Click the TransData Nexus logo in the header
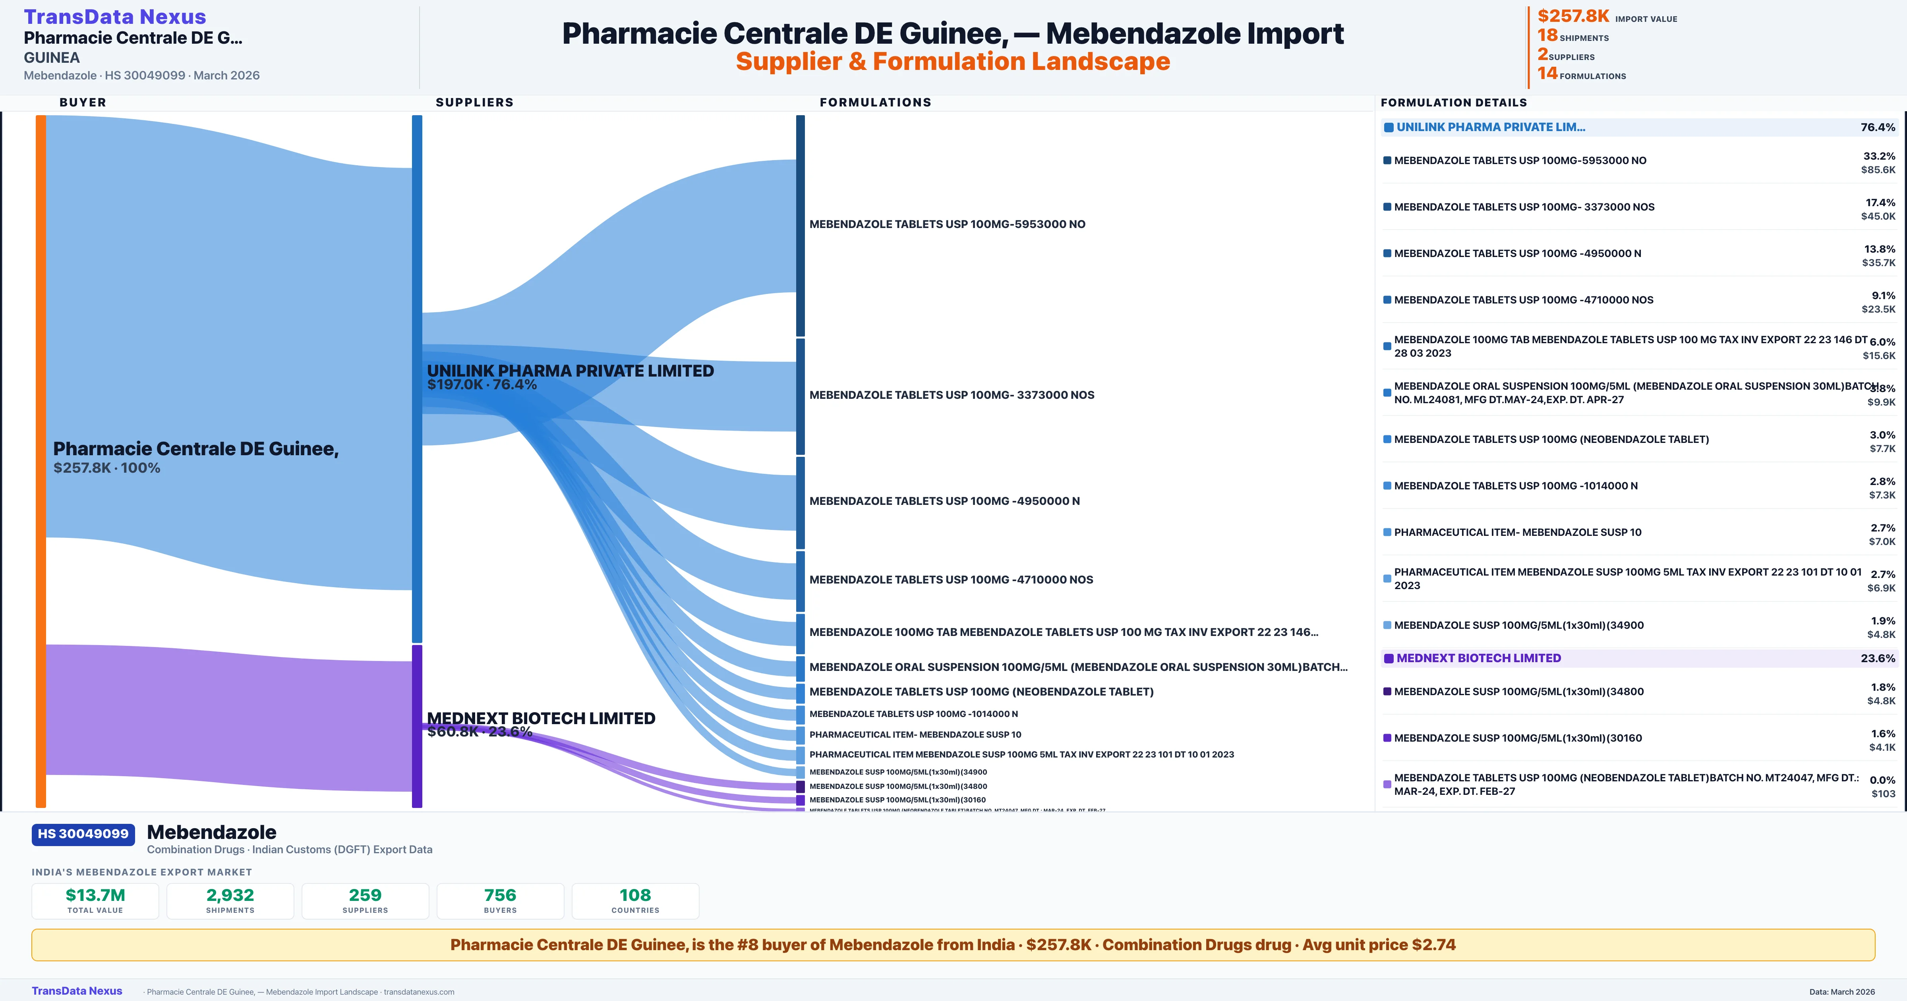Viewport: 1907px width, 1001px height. click(115, 16)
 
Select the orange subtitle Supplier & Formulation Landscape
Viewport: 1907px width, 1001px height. click(953, 62)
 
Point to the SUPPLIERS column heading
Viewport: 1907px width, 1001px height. click(474, 102)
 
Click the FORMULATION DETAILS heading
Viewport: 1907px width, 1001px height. click(1453, 102)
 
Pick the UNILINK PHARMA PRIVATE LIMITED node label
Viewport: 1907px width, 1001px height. click(570, 371)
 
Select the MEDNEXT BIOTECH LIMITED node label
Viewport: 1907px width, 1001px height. click(541, 718)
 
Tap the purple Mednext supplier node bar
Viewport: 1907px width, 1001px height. click(417, 726)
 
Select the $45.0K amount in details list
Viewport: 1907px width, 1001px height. click(1878, 216)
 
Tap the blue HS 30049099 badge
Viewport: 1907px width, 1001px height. click(83, 834)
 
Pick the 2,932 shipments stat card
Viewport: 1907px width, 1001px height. click(230, 901)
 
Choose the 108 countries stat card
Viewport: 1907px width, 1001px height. click(635, 901)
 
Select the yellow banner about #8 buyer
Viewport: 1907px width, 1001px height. click(953, 945)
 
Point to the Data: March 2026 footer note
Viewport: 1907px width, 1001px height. click(1842, 991)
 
